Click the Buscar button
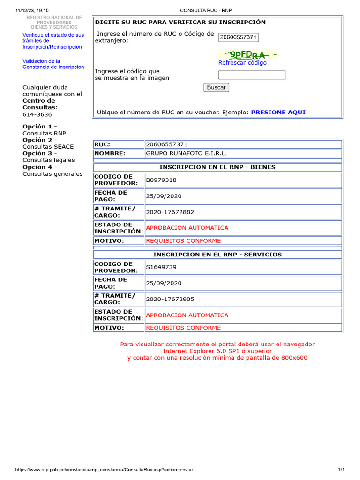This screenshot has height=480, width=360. (x=216, y=87)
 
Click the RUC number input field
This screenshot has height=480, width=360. (x=239, y=37)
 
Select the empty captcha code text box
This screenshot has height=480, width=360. (x=252, y=75)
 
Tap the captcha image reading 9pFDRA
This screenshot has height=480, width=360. (x=247, y=54)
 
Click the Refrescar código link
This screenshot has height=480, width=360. (x=242, y=63)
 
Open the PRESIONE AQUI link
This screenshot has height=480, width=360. (x=278, y=112)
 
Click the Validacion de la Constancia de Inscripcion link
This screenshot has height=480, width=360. (x=53, y=64)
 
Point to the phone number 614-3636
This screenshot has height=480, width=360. (x=37, y=114)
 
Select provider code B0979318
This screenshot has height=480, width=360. (x=161, y=180)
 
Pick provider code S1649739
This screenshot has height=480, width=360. (x=161, y=267)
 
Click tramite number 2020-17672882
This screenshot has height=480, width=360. (x=170, y=212)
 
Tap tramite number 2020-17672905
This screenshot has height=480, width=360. (x=170, y=299)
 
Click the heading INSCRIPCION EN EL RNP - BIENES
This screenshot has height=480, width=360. (x=217, y=167)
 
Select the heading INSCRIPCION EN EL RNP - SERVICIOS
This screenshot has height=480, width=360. (x=217, y=255)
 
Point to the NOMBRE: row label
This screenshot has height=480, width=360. (x=110, y=153)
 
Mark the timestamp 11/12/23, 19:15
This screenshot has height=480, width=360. (x=32, y=10)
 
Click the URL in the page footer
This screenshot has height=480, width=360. (x=104, y=470)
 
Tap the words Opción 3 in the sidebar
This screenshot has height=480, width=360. (x=37, y=153)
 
